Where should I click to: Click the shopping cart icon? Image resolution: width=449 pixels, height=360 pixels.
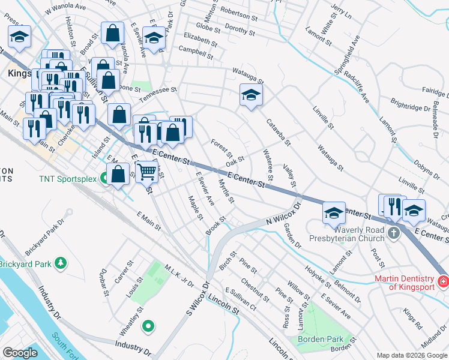tap(147, 172)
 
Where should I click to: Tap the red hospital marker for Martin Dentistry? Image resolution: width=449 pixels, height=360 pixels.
tap(443, 281)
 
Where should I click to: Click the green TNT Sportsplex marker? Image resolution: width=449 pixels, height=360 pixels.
tap(105, 178)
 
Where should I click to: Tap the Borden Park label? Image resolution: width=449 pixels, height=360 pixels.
tap(320, 339)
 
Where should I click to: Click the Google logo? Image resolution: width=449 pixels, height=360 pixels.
tap(20, 352)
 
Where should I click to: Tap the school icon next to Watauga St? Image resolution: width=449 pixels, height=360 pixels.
tap(251, 95)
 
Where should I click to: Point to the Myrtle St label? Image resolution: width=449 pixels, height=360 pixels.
tap(226, 191)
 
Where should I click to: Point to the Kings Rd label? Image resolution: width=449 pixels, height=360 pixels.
tap(413, 316)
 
